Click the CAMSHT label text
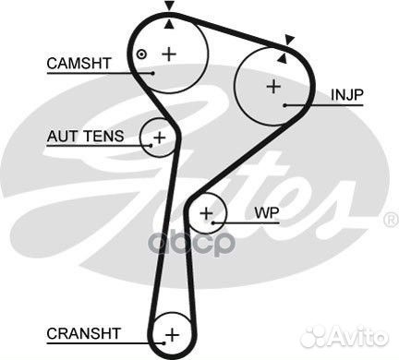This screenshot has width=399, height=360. point(79,63)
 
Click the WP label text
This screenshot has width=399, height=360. point(266,212)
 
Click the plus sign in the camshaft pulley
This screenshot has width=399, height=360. point(168,54)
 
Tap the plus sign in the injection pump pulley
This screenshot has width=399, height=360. point(272,87)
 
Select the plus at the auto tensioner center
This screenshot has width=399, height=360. point(159,138)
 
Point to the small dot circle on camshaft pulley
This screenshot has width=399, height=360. point(141,54)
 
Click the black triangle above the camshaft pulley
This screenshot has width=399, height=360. point(168,7)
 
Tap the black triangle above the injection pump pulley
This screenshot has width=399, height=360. point(289,40)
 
